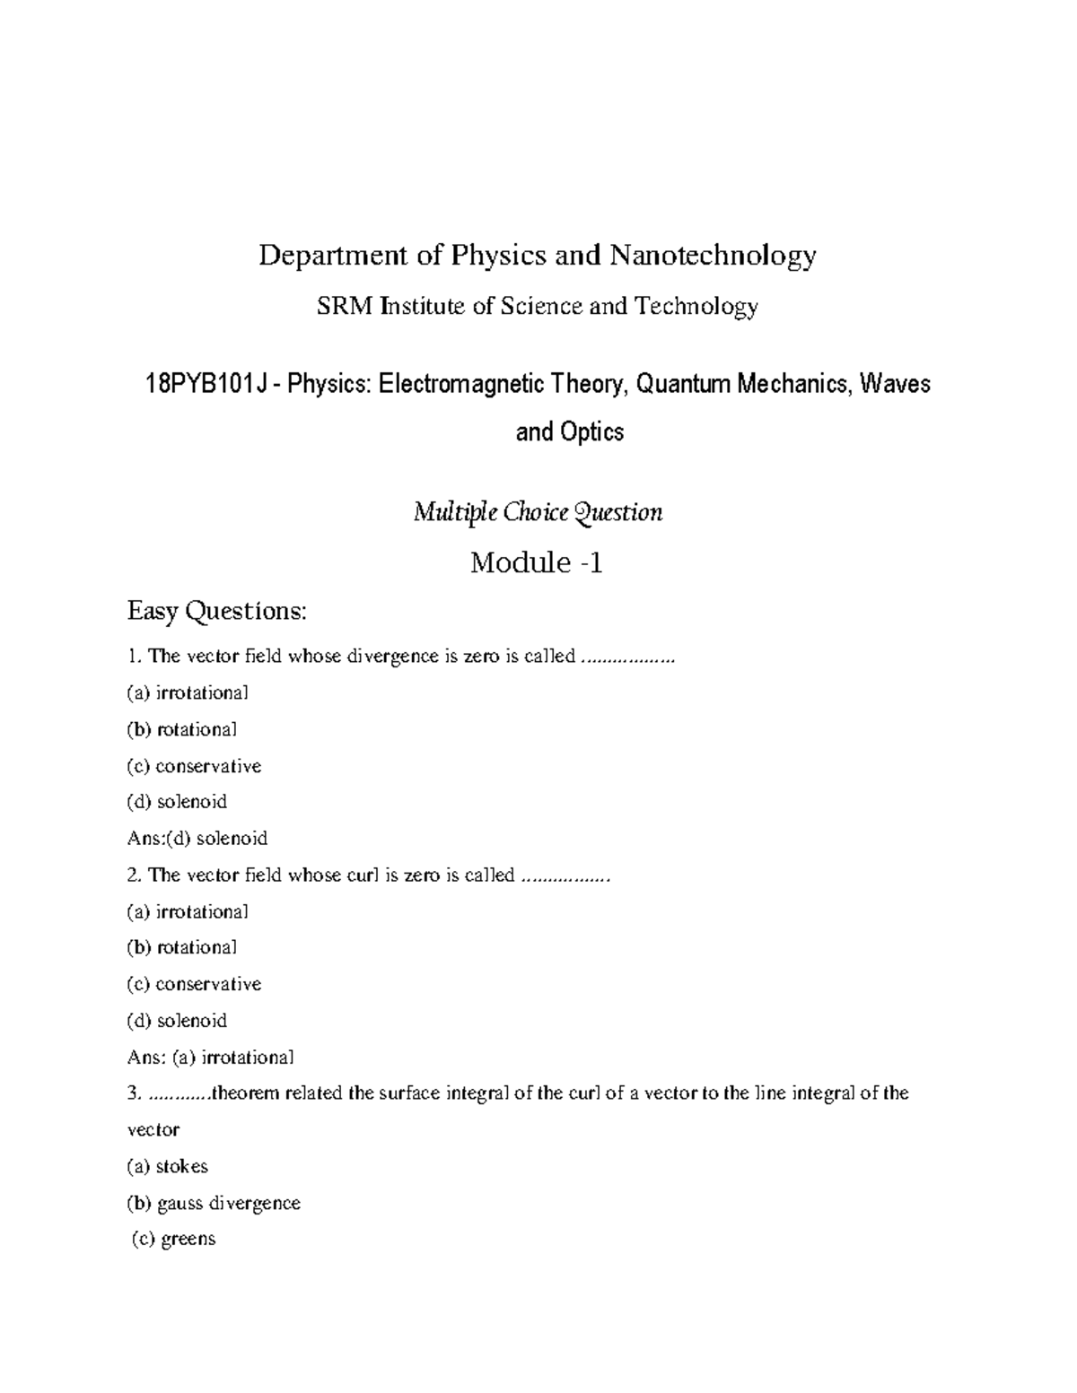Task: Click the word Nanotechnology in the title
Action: point(714,257)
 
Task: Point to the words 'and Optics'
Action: point(570,432)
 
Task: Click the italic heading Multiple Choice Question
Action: point(538,513)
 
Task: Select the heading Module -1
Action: point(537,563)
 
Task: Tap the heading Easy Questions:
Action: point(217,612)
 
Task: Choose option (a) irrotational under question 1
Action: point(188,692)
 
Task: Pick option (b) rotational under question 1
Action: point(183,729)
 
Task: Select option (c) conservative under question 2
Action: point(195,984)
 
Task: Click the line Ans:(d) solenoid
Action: point(198,839)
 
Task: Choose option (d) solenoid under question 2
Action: point(178,1021)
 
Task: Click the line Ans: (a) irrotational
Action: point(211,1058)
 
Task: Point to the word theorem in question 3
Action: point(245,1093)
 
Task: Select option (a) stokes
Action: point(168,1167)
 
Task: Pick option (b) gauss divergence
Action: point(215,1204)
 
